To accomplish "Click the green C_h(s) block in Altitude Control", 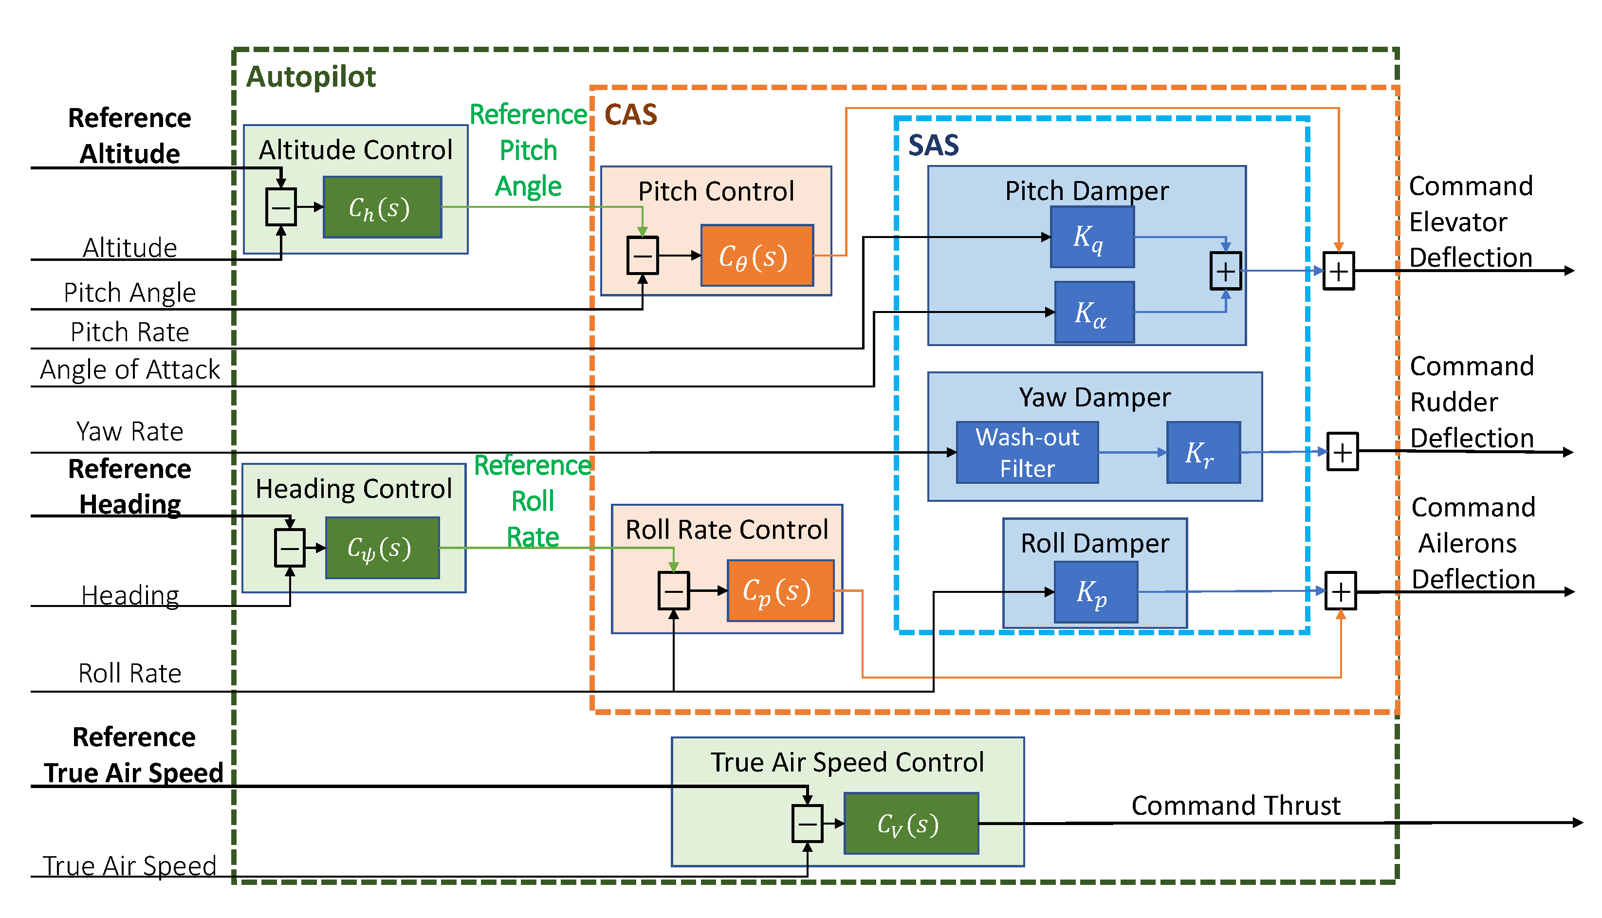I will [382, 207].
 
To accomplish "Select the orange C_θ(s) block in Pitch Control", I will [756, 256].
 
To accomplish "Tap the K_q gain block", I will [1092, 237].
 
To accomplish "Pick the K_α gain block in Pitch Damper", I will [1094, 312].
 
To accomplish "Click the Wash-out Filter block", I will [1027, 453].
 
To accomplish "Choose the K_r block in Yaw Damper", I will [1203, 453].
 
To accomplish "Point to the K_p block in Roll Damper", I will [1096, 592].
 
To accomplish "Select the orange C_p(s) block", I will [780, 591].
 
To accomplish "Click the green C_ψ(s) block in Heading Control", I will [382, 548].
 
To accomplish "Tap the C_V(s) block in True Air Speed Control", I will [910, 824].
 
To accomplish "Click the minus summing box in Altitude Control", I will [280, 207].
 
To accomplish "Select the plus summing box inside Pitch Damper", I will [1225, 271].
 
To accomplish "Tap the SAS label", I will [933, 146].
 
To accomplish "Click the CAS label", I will [630, 115].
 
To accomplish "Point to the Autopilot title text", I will [311, 77].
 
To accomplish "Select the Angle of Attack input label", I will [130, 369].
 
